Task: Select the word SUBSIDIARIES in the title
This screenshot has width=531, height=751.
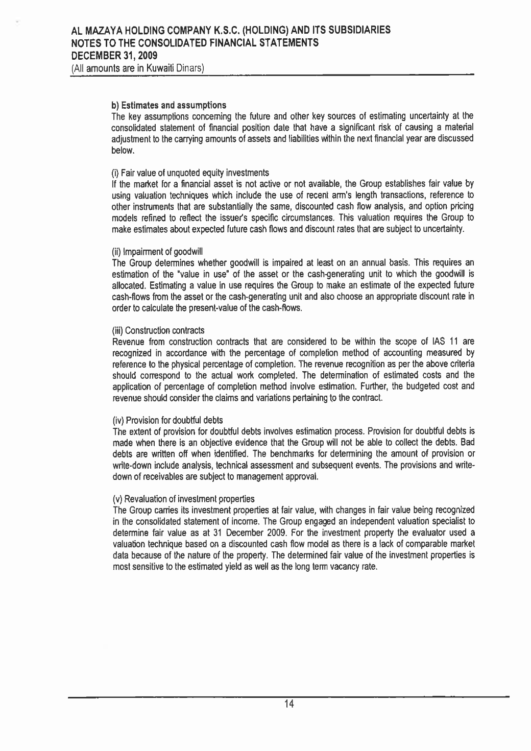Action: (x=354, y=31)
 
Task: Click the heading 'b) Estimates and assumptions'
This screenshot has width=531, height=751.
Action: (x=162, y=106)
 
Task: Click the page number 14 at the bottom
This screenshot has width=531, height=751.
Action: (x=289, y=705)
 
